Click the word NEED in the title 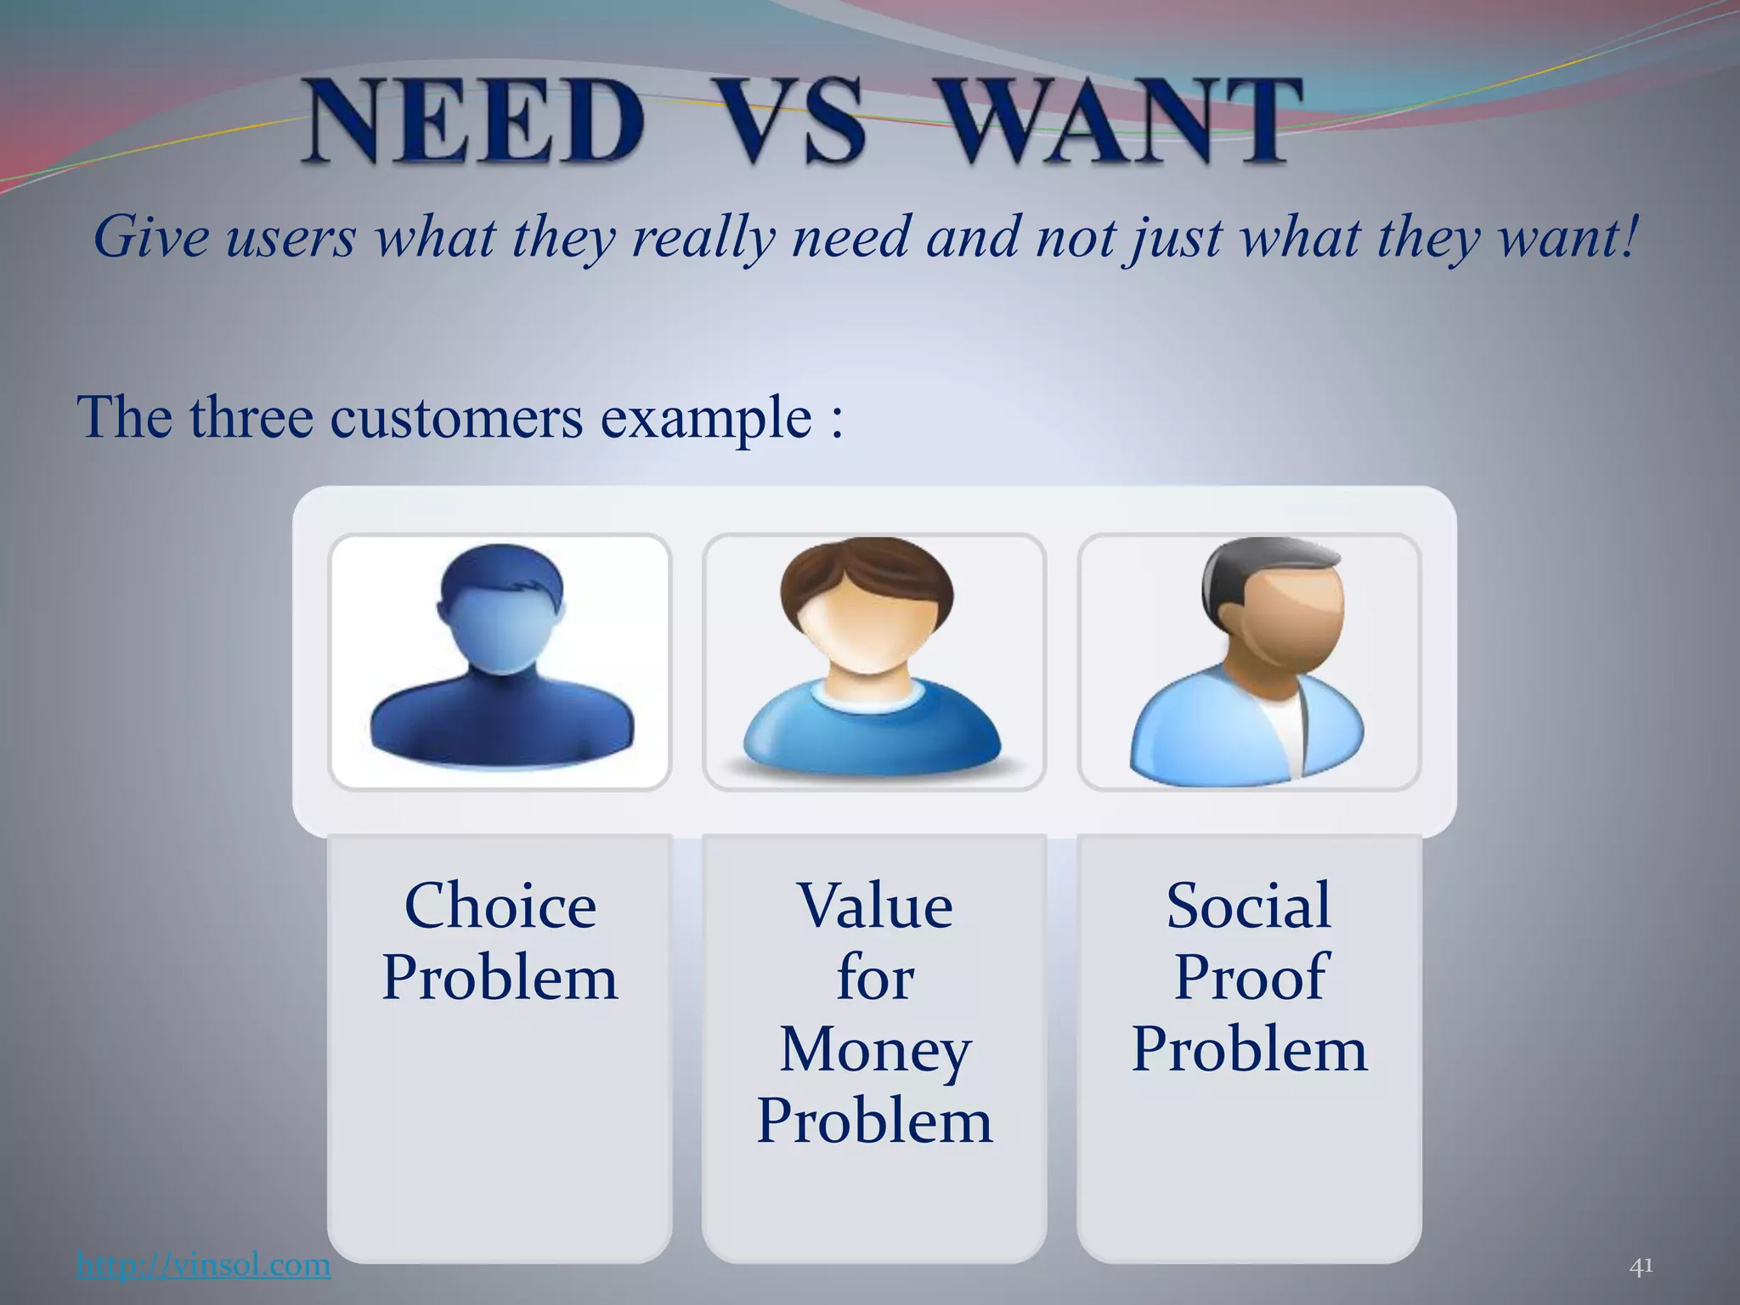tap(474, 120)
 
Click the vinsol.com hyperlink tap(203, 1265)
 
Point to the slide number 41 tap(1641, 1267)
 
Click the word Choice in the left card tap(500, 906)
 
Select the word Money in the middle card tap(875, 1050)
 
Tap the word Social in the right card tap(1249, 906)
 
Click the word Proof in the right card tap(1249, 977)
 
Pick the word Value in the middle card tap(875, 906)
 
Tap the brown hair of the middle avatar tap(867, 569)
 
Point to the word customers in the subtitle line tap(456, 418)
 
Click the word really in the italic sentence tap(703, 238)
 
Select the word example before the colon tap(705, 418)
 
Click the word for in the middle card tap(875, 977)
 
